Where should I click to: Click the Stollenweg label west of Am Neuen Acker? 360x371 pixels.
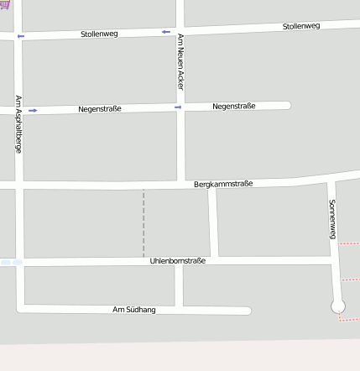click(99, 34)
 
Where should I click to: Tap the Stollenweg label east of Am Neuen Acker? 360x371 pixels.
click(301, 26)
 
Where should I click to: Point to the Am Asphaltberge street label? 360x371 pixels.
click(18, 123)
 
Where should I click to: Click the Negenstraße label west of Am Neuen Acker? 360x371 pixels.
click(101, 109)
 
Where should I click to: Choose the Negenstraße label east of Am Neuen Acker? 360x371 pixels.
click(234, 106)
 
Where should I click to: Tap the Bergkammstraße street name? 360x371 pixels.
click(223, 183)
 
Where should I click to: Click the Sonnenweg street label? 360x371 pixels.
click(332, 220)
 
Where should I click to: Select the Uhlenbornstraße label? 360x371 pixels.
click(177, 261)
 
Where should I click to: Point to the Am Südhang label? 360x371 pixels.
click(134, 310)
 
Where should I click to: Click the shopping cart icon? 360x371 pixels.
click(6, 4)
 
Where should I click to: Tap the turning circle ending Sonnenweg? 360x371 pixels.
click(338, 307)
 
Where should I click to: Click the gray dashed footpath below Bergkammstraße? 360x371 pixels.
click(143, 222)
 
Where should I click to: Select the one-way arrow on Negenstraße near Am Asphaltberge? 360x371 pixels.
click(33, 110)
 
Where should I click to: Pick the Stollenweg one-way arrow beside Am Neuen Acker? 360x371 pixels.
click(165, 32)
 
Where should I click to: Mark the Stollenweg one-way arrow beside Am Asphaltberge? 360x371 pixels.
click(21, 36)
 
